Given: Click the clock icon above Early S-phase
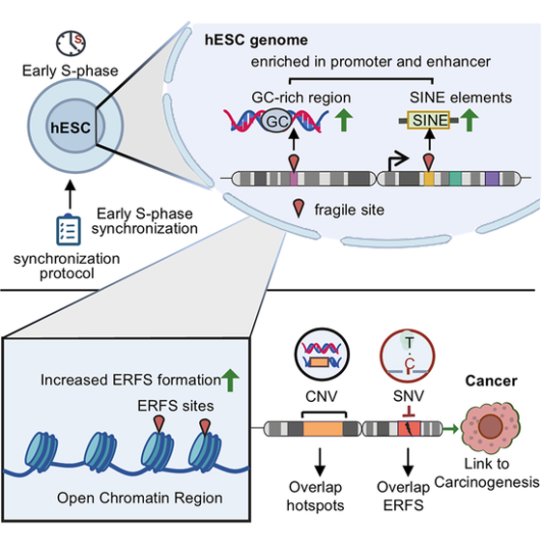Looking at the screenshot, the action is (x=71, y=43).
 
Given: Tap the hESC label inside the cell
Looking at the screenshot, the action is (x=71, y=128).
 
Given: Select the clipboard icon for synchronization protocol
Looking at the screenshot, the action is (x=69, y=230).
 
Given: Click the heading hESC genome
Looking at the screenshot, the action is (x=256, y=41).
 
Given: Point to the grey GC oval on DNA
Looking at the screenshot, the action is (x=275, y=121).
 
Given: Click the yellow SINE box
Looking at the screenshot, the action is (x=428, y=120).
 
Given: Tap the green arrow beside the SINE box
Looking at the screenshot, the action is (x=470, y=120).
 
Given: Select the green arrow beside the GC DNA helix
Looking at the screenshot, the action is (x=344, y=120).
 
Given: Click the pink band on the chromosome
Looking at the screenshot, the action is (x=294, y=179).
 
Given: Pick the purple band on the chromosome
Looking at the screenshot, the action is (x=492, y=179).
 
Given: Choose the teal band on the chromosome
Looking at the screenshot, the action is (x=455, y=179).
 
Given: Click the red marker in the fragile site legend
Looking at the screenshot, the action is (x=299, y=209).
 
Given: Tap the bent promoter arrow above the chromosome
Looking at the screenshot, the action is (x=397, y=161).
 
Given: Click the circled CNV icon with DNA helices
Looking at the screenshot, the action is (x=322, y=355).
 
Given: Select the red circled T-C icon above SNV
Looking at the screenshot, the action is (x=408, y=356).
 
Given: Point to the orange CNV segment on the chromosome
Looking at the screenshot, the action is (x=323, y=429).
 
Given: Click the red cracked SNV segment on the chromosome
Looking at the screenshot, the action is (x=409, y=429).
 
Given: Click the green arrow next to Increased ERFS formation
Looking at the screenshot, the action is (x=230, y=381).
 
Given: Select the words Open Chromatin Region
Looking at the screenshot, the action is (x=140, y=499).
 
